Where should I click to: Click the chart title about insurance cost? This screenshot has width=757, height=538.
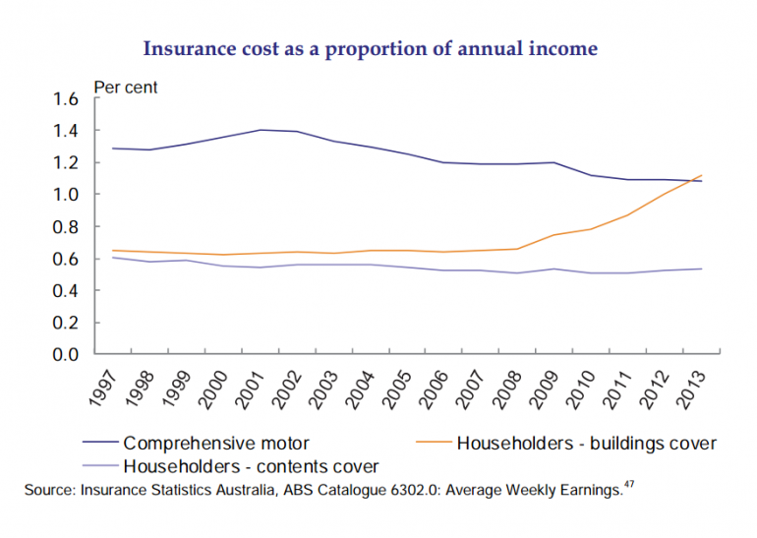370,48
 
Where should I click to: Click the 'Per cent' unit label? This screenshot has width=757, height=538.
125,88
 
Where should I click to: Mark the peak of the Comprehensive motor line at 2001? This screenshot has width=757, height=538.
262,130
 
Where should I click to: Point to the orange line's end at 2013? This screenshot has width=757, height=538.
702,176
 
